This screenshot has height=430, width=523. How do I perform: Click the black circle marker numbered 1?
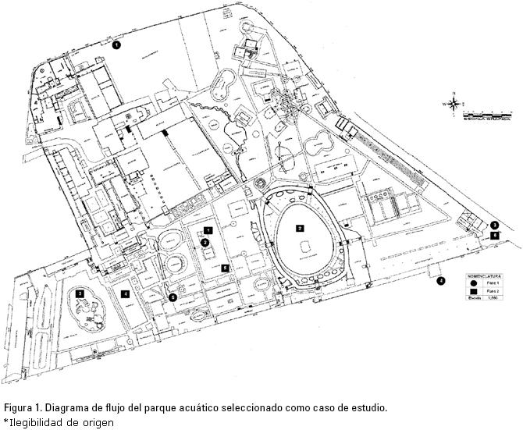(116, 45)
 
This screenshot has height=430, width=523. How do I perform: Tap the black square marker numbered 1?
(208, 230)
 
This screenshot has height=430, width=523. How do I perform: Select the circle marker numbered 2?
(205, 243)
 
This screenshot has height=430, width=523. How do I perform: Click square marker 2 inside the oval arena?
(299, 229)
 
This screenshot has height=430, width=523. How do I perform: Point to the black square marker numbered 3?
(80, 293)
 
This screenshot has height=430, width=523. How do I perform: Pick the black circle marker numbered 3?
(494, 226)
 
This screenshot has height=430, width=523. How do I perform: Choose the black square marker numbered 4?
(125, 293)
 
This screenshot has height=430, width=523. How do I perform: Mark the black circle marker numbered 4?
(440, 281)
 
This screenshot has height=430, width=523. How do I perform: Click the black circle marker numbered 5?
(173, 297)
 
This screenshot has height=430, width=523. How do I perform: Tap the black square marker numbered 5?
(225, 268)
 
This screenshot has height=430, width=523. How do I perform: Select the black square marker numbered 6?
(494, 235)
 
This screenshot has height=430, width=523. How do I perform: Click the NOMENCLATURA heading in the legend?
(484, 276)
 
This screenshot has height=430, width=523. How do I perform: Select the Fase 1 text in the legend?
(493, 283)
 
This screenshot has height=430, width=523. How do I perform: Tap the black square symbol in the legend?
(473, 291)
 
